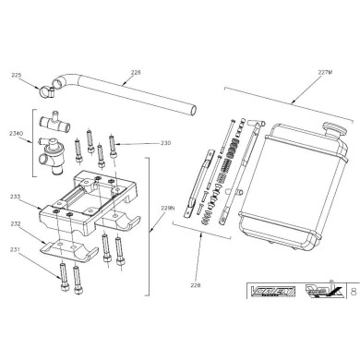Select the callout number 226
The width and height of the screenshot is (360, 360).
136,71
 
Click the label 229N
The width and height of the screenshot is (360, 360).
167,207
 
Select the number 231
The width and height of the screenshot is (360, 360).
16,248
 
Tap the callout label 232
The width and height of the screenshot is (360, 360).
16,223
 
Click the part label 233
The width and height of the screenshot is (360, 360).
16,197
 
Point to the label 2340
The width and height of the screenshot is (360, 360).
16,133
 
